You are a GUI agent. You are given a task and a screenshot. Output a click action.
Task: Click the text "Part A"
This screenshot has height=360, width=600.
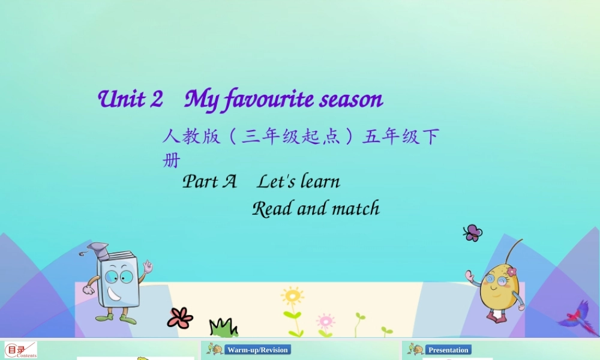[209, 181]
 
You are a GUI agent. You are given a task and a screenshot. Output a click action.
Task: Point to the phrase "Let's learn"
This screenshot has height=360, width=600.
[299, 181]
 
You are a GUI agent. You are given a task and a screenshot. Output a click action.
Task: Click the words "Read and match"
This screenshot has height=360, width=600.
[316, 209]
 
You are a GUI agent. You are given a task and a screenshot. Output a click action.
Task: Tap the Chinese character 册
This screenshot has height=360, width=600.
[171, 161]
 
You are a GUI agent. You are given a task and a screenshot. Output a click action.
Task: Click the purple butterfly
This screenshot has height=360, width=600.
[473, 233]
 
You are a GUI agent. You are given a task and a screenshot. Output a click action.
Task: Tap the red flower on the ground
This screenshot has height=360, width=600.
[179, 317]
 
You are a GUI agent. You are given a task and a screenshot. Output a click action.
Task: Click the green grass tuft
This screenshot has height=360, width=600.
[223, 328]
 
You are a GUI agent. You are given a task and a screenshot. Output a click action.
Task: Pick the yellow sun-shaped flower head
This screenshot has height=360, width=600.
[293, 296]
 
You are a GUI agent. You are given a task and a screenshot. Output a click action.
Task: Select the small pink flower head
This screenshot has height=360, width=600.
[326, 320]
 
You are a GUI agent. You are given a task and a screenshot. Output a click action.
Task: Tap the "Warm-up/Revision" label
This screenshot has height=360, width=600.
[257, 350]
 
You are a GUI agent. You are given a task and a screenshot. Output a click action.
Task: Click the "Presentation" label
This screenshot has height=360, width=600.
[448, 350]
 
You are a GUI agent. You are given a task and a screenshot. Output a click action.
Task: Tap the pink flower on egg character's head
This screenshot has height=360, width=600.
[511, 272]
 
